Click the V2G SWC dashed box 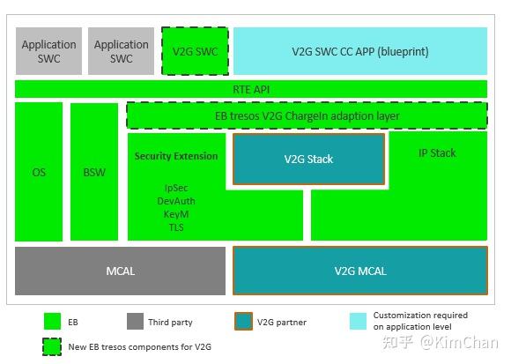click(195, 51)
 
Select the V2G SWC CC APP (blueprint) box click(359, 51)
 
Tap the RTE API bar click(251, 89)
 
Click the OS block click(39, 172)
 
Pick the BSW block click(94, 172)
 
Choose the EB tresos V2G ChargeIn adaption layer click(307, 115)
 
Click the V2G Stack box click(308, 160)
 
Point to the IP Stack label click(437, 153)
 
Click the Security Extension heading click(176, 156)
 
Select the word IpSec click(176, 188)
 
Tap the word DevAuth click(176, 201)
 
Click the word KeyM click(176, 214)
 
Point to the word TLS click(176, 227)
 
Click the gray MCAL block click(120, 271)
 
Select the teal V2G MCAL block click(359, 271)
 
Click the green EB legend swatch click(52, 322)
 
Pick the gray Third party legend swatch click(135, 322)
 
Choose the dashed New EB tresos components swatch click(52, 346)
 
